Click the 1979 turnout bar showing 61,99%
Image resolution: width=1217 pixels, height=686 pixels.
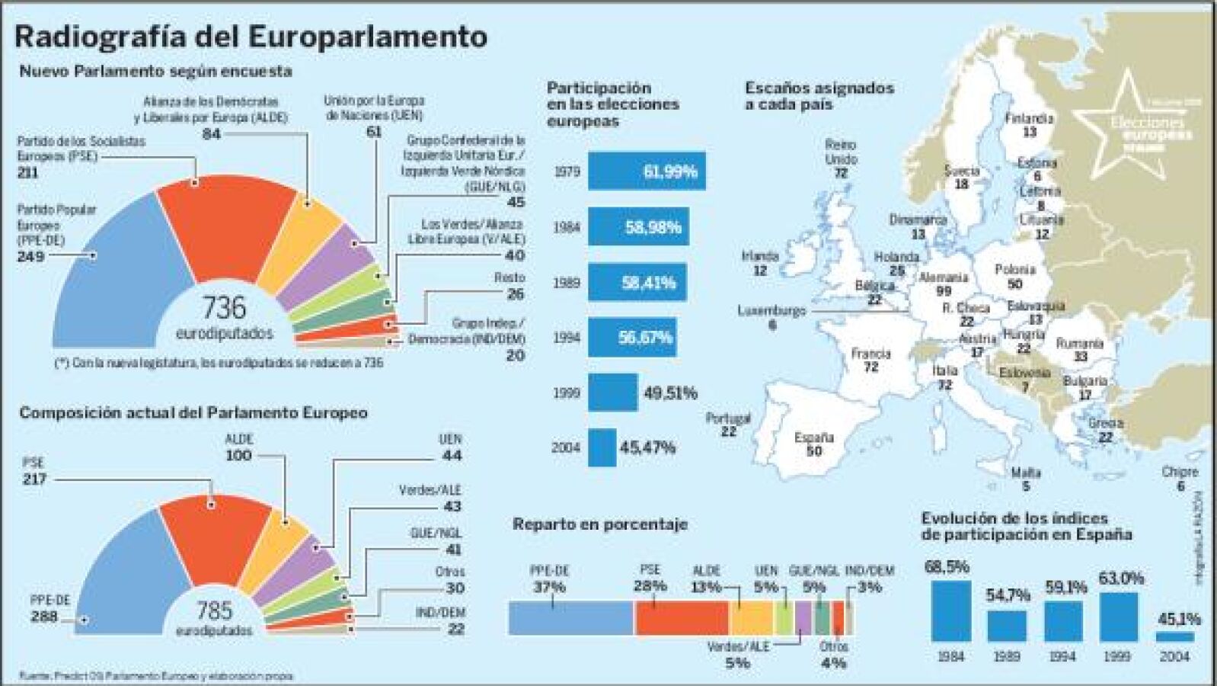click(x=646, y=171)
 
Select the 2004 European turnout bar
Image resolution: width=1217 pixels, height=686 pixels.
click(x=602, y=447)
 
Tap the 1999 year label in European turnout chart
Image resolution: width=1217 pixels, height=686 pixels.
click(x=566, y=393)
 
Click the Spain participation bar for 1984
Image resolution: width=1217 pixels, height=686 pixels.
click(x=950, y=611)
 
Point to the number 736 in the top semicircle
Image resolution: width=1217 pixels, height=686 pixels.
click(x=224, y=308)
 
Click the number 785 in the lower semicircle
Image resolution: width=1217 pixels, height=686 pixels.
click(x=214, y=610)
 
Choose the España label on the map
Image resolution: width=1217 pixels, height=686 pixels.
click(x=813, y=438)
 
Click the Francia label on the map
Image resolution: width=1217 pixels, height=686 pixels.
click(x=870, y=354)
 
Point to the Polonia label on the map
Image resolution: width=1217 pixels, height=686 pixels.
click(x=1014, y=270)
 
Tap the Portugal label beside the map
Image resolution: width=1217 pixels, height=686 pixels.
click(x=727, y=418)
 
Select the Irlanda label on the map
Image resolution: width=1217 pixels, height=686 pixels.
click(x=759, y=256)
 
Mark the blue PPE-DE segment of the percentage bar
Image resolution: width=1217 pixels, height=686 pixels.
click(x=570, y=617)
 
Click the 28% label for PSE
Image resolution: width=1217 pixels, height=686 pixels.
click(x=650, y=586)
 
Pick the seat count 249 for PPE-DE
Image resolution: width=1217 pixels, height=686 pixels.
click(x=30, y=257)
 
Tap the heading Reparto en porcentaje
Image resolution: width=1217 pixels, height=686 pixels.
click(x=599, y=524)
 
